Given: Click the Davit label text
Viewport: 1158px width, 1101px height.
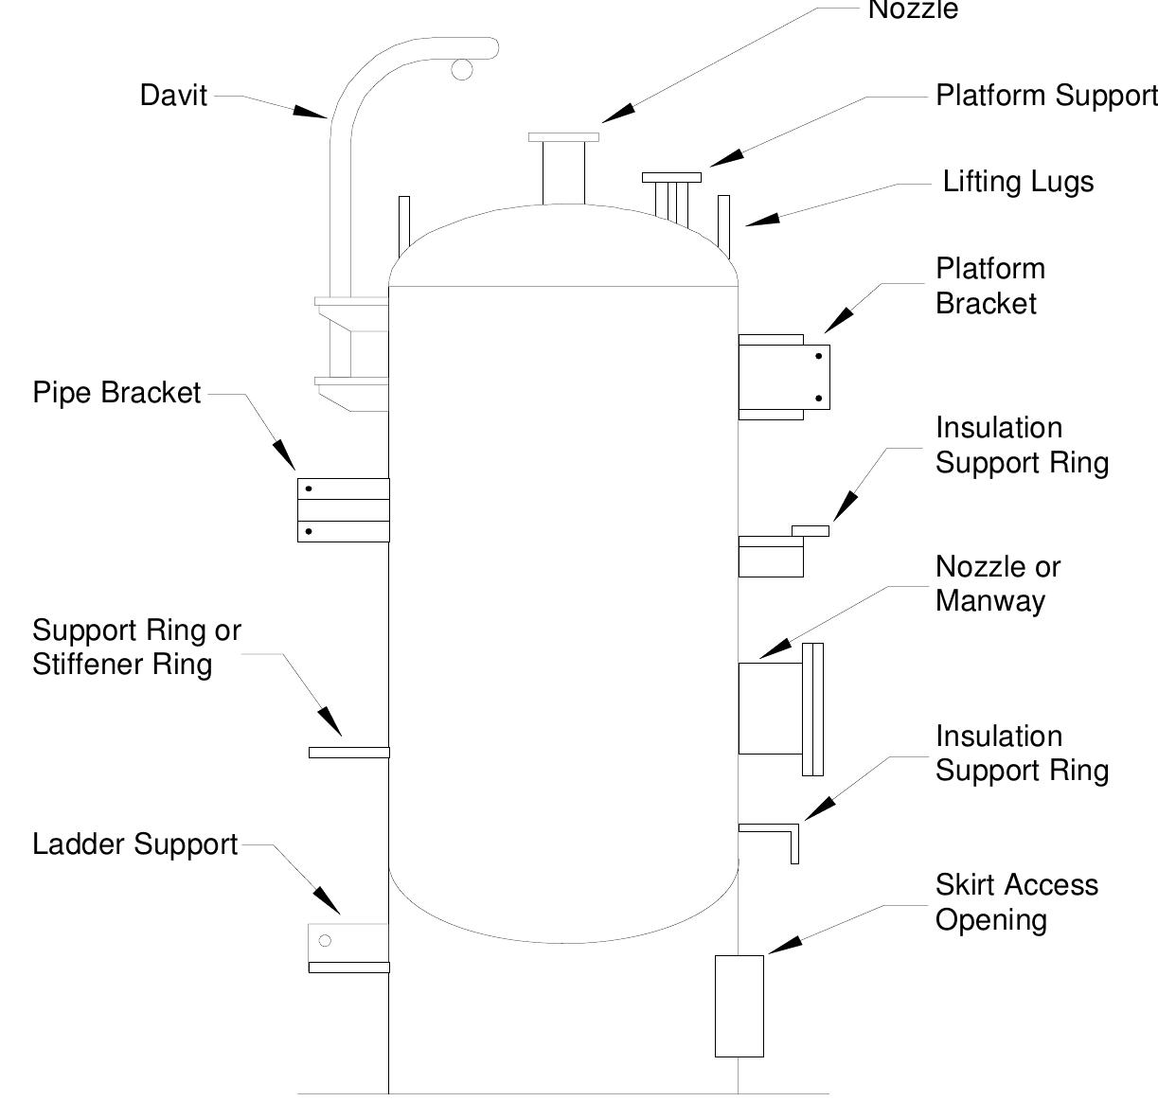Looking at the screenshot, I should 173,96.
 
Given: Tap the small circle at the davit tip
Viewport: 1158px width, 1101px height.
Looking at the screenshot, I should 461,69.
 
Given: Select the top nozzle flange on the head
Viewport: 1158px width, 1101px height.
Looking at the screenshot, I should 563,137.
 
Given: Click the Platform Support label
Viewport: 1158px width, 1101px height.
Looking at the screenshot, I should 1045,96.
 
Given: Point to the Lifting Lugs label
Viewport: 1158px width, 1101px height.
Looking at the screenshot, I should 1018,182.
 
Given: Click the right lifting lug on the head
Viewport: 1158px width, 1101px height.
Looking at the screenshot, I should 724,224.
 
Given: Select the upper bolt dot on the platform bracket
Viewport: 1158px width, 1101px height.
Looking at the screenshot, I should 818,357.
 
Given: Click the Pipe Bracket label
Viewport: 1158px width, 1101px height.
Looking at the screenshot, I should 116,393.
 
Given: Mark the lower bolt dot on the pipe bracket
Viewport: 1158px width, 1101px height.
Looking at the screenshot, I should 309,531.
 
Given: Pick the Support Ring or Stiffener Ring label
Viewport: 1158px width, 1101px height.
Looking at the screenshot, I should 136,648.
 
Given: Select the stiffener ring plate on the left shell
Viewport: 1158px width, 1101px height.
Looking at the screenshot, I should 348,753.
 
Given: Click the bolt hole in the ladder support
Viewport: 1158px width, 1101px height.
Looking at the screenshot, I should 325,940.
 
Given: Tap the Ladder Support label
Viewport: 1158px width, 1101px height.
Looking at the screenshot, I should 134,844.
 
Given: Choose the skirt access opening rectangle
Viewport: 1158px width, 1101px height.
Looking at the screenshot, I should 739,1005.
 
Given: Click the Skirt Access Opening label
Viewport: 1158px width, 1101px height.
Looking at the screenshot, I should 1016,902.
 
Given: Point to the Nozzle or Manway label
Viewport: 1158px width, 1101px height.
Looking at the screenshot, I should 997,583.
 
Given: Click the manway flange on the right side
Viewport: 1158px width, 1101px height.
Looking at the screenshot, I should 812,709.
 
